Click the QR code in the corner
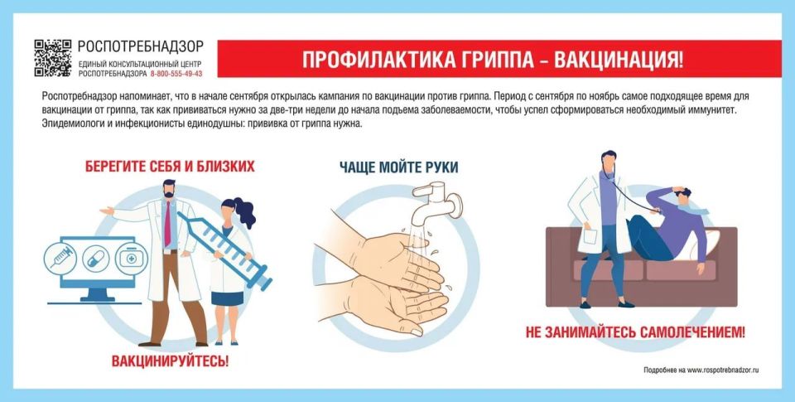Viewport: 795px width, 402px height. [x=53, y=56]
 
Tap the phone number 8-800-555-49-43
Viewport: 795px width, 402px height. [x=176, y=74]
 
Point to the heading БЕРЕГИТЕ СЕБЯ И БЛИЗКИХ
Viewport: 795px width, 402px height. [x=170, y=167]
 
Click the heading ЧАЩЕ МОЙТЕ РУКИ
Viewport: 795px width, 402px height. [x=398, y=167]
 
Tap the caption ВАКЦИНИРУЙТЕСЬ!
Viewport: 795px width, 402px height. [x=170, y=361]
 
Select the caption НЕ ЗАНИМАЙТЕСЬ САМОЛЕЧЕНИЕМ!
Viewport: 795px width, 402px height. [x=635, y=333]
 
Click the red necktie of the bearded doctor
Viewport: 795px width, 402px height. [x=167, y=224]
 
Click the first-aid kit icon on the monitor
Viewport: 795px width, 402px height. [x=128, y=258]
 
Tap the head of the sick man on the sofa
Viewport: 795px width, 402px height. [x=682, y=196]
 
